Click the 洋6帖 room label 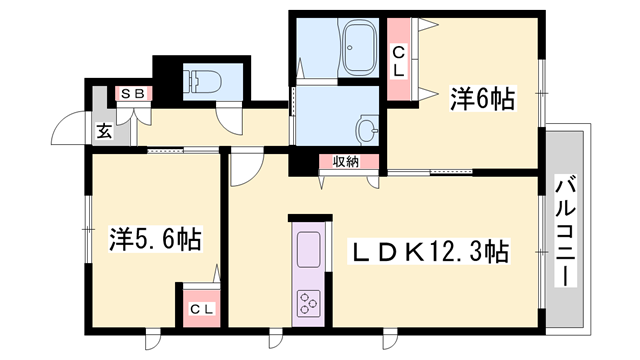point(482,98)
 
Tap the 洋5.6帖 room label point(155,239)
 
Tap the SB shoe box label point(131,94)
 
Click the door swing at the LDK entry point(244,170)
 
